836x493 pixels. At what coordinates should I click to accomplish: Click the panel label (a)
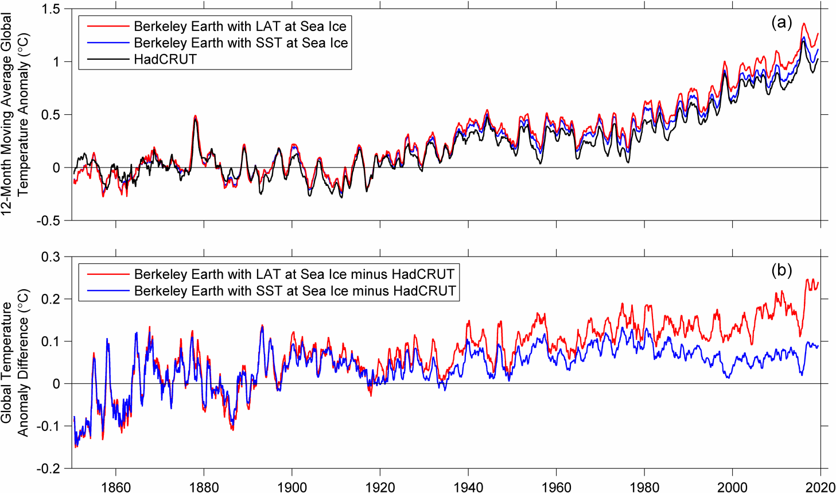[781, 22]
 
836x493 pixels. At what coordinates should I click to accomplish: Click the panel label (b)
[781, 270]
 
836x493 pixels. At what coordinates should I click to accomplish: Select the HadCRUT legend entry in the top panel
[165, 59]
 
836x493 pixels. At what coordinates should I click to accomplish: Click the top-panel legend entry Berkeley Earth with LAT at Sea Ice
[240, 26]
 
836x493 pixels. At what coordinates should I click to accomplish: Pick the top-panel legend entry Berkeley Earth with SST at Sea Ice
[240, 43]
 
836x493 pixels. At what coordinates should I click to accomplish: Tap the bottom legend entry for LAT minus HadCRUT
[294, 274]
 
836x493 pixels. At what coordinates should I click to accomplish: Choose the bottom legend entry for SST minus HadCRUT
[294, 291]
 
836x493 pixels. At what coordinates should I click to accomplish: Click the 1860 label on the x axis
[116, 487]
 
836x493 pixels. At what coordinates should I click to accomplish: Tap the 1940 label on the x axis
[468, 487]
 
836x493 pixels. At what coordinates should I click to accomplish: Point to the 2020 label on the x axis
[819, 487]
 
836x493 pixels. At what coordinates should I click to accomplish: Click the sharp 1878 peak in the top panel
[195, 117]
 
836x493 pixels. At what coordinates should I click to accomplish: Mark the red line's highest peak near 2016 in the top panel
[803, 24]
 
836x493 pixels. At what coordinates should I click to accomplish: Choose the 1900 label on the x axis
[292, 487]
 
